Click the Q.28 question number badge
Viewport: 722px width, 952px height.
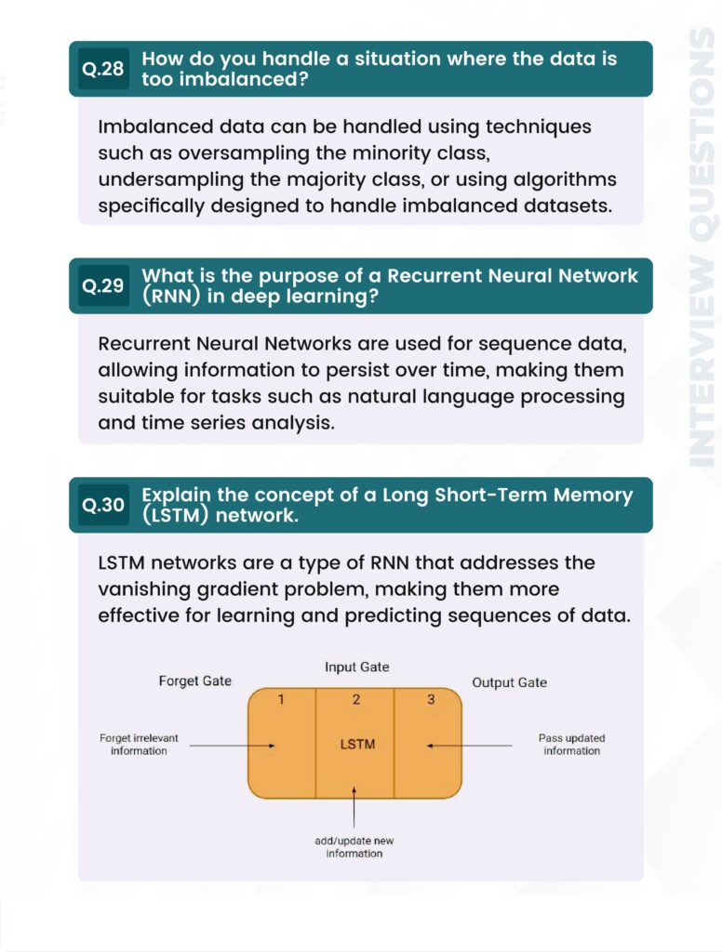(x=102, y=69)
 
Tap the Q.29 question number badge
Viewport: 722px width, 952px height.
(x=102, y=286)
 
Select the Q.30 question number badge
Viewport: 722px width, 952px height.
(x=102, y=505)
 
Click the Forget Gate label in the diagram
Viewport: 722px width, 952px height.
(x=194, y=681)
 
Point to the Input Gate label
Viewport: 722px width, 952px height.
(x=356, y=668)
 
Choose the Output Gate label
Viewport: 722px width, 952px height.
(x=509, y=682)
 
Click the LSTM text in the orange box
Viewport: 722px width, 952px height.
(x=356, y=745)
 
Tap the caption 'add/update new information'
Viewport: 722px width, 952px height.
(x=354, y=847)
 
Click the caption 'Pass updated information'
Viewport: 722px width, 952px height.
(x=571, y=745)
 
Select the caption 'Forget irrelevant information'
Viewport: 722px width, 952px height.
(x=139, y=745)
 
